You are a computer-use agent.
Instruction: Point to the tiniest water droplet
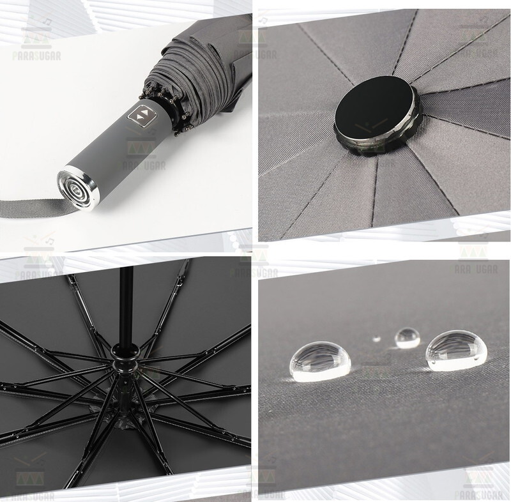coord(376,339)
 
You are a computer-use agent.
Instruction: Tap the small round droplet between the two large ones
coord(407,337)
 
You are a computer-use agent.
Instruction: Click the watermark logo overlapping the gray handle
coord(142,148)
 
